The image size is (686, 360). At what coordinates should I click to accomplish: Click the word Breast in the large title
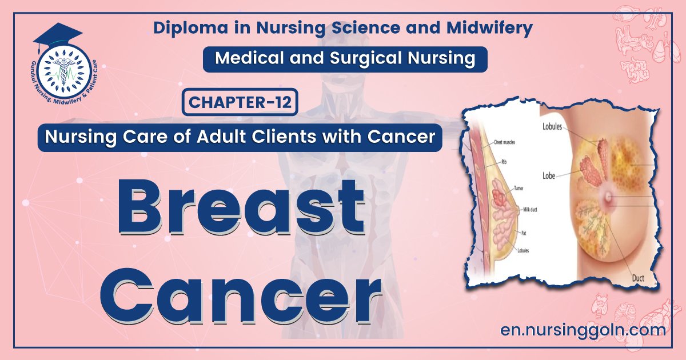click(241, 209)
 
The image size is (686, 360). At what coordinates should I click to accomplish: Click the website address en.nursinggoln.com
click(582, 330)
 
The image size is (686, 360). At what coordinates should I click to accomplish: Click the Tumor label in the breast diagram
click(519, 188)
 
